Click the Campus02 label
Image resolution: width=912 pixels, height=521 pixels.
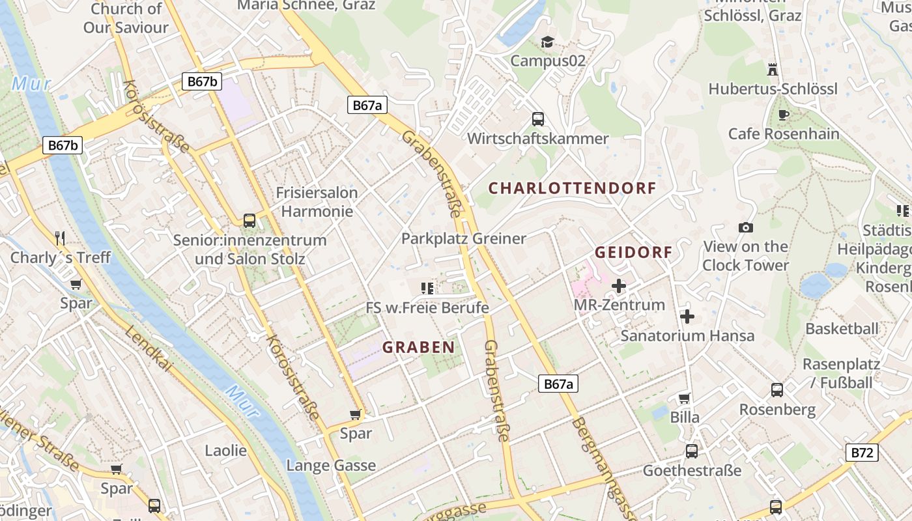[x=548, y=61]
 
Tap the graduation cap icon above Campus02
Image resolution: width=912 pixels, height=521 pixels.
[x=547, y=42]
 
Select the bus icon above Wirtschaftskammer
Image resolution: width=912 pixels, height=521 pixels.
[x=538, y=119]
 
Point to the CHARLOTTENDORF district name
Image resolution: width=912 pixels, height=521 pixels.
[x=572, y=188]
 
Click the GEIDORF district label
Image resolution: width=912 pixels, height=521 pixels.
[x=633, y=252]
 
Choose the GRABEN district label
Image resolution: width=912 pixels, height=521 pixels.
[x=418, y=347]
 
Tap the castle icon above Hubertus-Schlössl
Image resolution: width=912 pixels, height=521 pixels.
[x=773, y=69]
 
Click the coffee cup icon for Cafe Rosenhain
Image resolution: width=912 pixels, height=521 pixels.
[x=784, y=115]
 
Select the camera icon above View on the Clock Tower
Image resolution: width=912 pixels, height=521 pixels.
[x=746, y=227]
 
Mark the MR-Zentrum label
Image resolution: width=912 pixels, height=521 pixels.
[x=619, y=304]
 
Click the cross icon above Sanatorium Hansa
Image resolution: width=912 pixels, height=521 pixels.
[x=687, y=317]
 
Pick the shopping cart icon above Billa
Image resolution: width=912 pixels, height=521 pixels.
[x=684, y=398]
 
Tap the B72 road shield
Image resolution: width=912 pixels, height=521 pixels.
[x=861, y=453]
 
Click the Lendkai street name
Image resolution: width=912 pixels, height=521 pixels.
[x=148, y=349]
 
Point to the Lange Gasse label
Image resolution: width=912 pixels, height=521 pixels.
[x=331, y=466]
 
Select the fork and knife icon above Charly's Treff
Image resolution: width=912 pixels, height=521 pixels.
[x=61, y=238]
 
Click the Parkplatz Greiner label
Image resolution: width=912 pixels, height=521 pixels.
[x=463, y=238]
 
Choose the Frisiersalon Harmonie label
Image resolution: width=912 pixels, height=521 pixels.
[x=317, y=202]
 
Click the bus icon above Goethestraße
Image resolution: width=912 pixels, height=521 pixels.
[x=692, y=451]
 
